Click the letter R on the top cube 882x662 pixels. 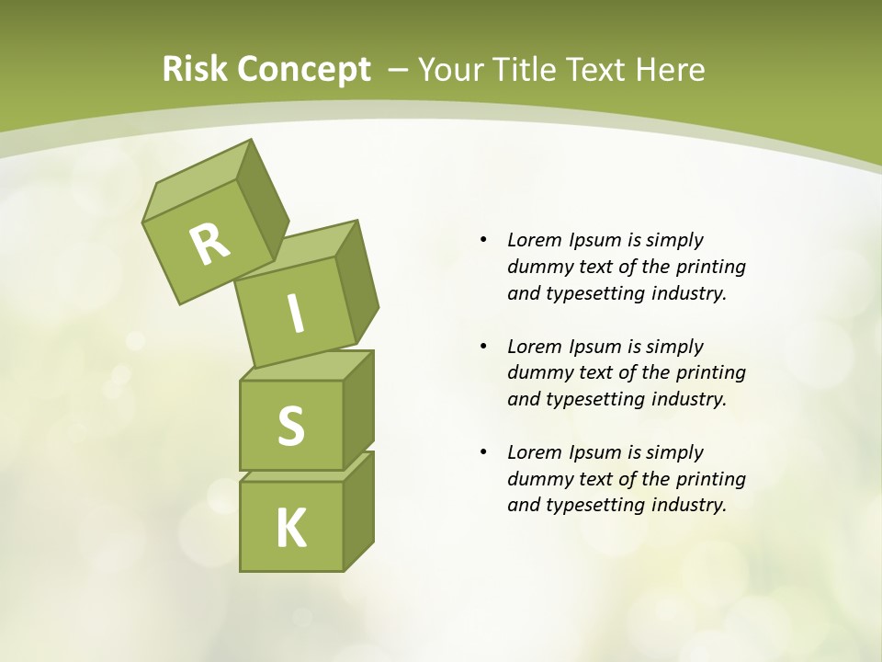(209, 244)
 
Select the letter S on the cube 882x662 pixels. (290, 426)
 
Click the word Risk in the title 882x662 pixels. (195, 70)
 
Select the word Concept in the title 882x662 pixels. (304, 70)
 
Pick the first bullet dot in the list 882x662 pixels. (484, 241)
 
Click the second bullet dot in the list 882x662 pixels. (484, 347)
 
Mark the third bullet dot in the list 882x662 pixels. (484, 452)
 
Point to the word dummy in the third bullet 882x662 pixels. (537, 478)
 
